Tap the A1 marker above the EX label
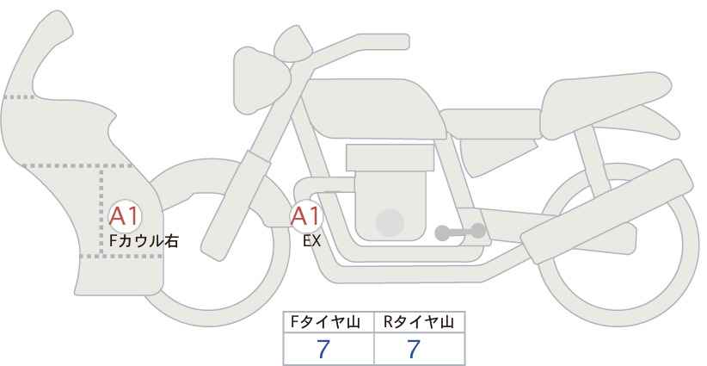click(x=306, y=216)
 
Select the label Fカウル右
click(x=144, y=241)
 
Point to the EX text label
click(x=312, y=241)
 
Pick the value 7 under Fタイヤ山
click(x=323, y=349)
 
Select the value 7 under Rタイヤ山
click(x=414, y=349)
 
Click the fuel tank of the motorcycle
click(x=372, y=109)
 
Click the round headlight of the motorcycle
click(x=261, y=80)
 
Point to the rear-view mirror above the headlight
click(x=293, y=44)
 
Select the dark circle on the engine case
click(x=390, y=223)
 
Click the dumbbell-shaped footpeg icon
click(x=461, y=232)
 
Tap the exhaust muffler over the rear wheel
click(x=606, y=211)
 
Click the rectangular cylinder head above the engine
click(x=390, y=158)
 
